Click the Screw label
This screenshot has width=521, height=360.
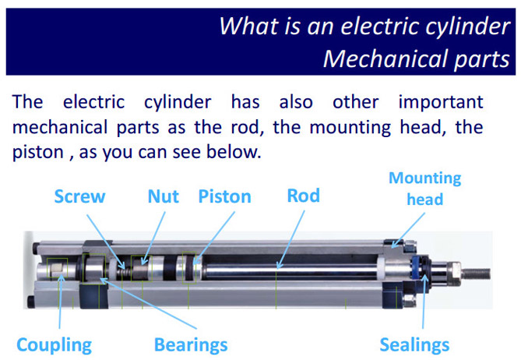point(79,196)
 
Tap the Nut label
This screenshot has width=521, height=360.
point(163,196)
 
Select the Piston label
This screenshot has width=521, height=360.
point(224,196)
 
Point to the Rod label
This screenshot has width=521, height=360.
point(304,196)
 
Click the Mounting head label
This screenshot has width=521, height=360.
point(425,189)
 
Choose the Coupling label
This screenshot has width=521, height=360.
point(55,345)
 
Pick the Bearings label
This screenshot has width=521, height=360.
point(191,344)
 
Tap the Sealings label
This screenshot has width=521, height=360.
point(414,344)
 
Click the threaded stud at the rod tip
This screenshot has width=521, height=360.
point(476,274)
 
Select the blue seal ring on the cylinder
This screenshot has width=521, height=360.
point(415,268)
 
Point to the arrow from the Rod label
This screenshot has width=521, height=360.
point(290,240)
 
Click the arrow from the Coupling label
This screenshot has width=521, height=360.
point(61,302)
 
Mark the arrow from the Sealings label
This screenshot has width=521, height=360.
point(424,302)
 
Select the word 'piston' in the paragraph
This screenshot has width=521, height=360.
point(37,153)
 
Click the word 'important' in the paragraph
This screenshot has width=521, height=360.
point(441,102)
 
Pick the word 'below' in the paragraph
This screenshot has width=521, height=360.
point(234,152)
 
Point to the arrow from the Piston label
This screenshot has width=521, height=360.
point(214,238)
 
